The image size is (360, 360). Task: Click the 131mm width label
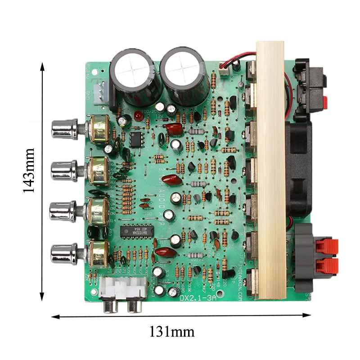click(172, 332)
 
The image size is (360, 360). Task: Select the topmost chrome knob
click(65, 129)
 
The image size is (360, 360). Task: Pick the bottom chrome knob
click(64, 254)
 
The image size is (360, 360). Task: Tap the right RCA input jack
click(134, 306)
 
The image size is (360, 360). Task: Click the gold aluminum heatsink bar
click(271, 171)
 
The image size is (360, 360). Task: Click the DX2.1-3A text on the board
click(198, 298)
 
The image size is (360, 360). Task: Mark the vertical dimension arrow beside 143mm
click(42, 180)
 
